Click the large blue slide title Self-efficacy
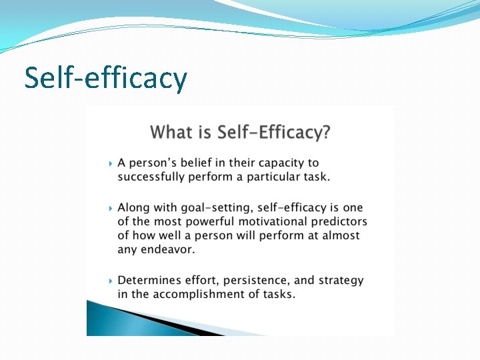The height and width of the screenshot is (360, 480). [x=105, y=77]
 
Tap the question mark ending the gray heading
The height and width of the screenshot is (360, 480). [x=324, y=131]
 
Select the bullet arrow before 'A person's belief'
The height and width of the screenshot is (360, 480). [x=110, y=163]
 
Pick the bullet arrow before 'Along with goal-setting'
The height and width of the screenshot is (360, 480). [x=110, y=209]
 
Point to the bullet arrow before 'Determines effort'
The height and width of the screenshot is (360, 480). [x=110, y=281]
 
